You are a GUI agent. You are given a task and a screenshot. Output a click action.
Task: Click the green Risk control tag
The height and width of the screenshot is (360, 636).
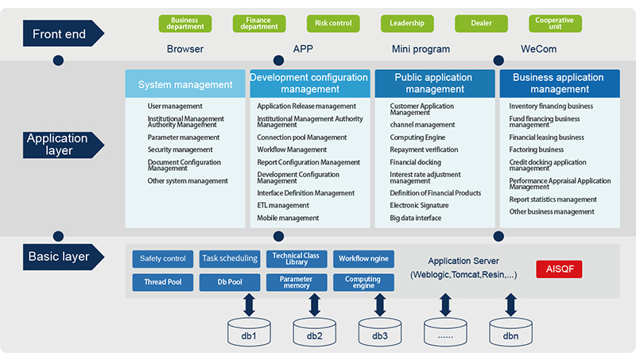(333, 24)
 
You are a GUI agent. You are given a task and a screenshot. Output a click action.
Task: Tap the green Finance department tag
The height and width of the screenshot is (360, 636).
(259, 24)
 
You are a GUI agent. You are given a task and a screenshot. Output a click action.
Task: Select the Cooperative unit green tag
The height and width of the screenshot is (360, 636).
(555, 24)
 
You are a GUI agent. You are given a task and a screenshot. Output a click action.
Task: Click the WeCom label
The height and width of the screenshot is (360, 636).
(538, 49)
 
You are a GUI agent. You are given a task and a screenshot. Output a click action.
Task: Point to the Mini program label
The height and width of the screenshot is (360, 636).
(421, 49)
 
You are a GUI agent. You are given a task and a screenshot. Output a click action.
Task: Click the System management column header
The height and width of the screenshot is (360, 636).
(185, 84)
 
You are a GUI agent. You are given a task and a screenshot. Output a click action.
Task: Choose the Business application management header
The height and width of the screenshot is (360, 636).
(558, 83)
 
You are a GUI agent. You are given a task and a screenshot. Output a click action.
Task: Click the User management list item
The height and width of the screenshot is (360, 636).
(175, 106)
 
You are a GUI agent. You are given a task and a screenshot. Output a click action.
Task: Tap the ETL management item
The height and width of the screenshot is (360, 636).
(283, 205)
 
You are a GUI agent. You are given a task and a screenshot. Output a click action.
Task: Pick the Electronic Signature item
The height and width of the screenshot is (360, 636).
(419, 205)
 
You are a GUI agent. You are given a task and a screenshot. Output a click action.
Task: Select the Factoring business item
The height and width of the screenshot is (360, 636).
(537, 149)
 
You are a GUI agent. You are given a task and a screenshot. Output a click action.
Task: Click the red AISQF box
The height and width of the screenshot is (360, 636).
(559, 269)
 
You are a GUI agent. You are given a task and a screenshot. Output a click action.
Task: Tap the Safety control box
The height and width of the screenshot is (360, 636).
(163, 258)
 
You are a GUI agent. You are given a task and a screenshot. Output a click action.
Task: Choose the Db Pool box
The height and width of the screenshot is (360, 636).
(230, 282)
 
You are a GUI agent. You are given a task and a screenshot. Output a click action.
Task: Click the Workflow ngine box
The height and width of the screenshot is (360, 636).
(363, 258)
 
